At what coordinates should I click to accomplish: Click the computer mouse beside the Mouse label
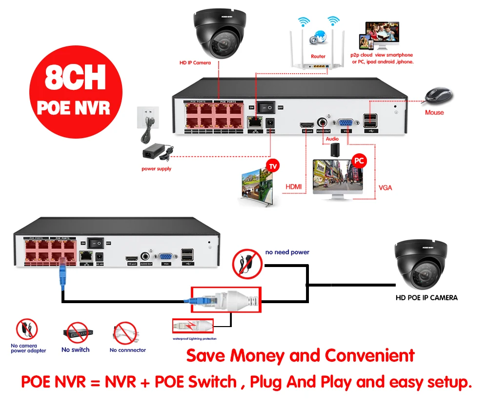tap(436, 96)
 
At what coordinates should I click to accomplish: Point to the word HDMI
tap(294, 186)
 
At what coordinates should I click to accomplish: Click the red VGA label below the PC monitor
tap(385, 187)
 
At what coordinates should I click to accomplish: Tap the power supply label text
tap(157, 169)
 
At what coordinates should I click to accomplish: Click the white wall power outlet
tap(147, 117)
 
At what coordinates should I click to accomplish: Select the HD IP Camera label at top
tap(194, 62)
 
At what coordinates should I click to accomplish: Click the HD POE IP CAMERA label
tap(426, 297)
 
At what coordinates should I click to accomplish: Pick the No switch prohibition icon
tap(75, 333)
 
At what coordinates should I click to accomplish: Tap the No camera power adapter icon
tap(27, 330)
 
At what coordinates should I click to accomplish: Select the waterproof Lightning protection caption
tap(194, 338)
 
